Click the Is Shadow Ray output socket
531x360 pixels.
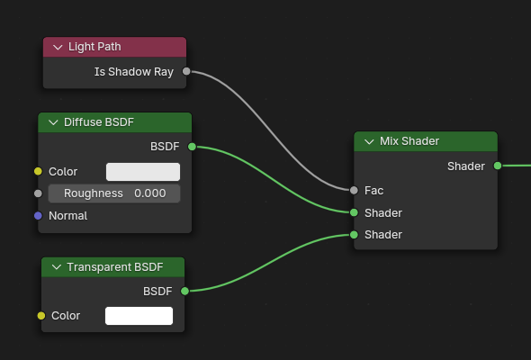[x=186, y=71]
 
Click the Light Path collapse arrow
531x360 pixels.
[x=58, y=48]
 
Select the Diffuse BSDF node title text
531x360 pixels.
[x=99, y=122]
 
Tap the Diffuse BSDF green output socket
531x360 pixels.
[x=192, y=147]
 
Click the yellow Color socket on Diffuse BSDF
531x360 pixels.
[x=39, y=171]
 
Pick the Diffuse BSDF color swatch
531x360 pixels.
[x=143, y=172]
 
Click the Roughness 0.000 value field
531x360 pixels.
[x=114, y=193]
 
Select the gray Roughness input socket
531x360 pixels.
[x=39, y=193]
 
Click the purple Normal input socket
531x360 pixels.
[x=39, y=216]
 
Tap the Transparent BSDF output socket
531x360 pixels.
[x=184, y=291]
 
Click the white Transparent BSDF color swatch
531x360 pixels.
[x=139, y=316]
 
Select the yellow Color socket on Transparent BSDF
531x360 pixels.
[x=41, y=316]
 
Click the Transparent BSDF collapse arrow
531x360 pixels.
[x=57, y=267]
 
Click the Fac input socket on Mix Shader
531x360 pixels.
[x=354, y=190]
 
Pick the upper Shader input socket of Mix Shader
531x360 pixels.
[x=354, y=212]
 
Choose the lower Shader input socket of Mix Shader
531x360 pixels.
[x=354, y=235]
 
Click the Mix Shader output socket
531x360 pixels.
[x=498, y=166]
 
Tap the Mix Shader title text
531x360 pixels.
[x=409, y=141]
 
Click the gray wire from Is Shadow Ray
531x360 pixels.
[x=271, y=130]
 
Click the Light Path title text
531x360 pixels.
[x=94, y=47]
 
